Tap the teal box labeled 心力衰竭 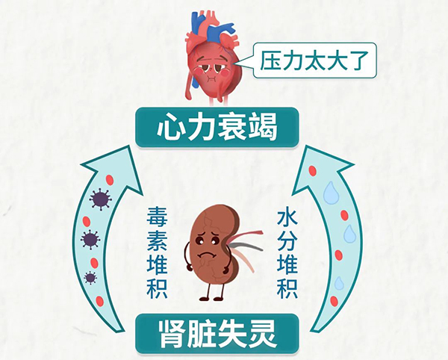point(217,128)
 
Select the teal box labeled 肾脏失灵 point(217,334)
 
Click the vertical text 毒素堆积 point(157,253)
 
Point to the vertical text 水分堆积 point(287,254)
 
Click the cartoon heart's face point(211,69)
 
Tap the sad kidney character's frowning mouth point(207,254)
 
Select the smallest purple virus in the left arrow point(90,277)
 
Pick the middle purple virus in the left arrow point(90,239)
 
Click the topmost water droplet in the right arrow point(331,193)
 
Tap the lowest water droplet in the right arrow point(339,283)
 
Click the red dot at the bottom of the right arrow point(334,302)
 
